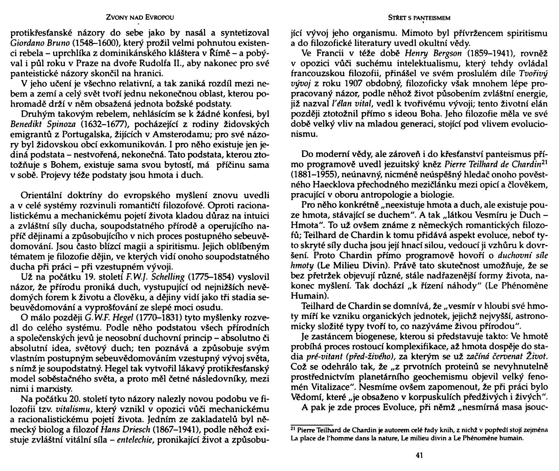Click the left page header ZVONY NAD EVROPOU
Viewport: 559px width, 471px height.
coord(140,18)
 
